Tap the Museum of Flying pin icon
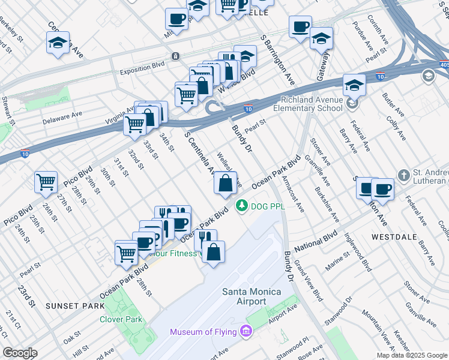pos(246,331)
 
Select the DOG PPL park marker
pos(242,206)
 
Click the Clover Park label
pos(121,319)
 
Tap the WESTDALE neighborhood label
pos(394,237)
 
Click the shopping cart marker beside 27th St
pos(46,182)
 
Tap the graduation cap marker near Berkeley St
pos(58,43)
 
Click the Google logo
pos(20,353)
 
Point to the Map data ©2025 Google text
pos(412,355)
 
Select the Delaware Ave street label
pos(62,118)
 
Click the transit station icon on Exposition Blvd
pos(175,56)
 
